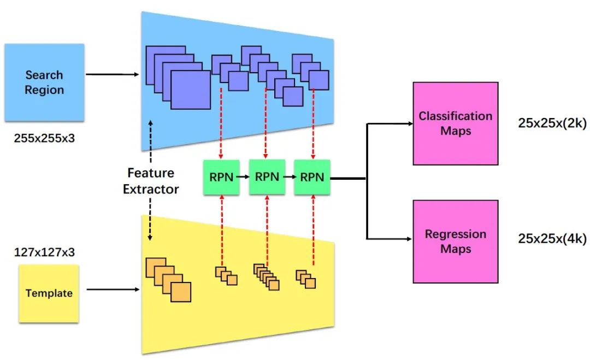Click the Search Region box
[44, 82]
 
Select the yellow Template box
[49, 293]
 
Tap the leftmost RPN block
[221, 177]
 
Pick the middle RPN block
[267, 177]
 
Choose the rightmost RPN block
[312, 177]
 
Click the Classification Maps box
[455, 123]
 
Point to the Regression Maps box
[455, 241]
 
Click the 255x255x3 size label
[44, 138]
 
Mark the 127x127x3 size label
[44, 252]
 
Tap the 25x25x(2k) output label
[552, 123]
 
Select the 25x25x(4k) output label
[552, 239]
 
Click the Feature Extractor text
[151, 181]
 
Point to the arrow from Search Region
[112, 74]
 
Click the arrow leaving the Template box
[112, 290]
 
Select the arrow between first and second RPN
[244, 177]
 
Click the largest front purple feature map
[190, 90]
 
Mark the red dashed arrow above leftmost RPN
[220, 123]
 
